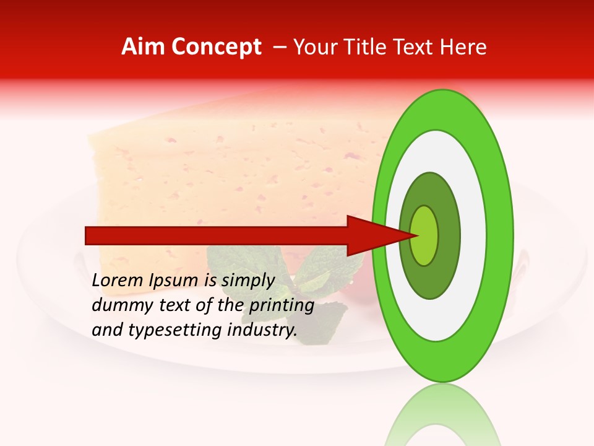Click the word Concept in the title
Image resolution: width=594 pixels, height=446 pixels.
coord(216,47)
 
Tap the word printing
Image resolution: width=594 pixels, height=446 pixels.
coord(281,306)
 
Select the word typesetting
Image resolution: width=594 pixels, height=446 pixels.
coord(184,331)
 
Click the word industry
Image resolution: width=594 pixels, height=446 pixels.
coord(262,330)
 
